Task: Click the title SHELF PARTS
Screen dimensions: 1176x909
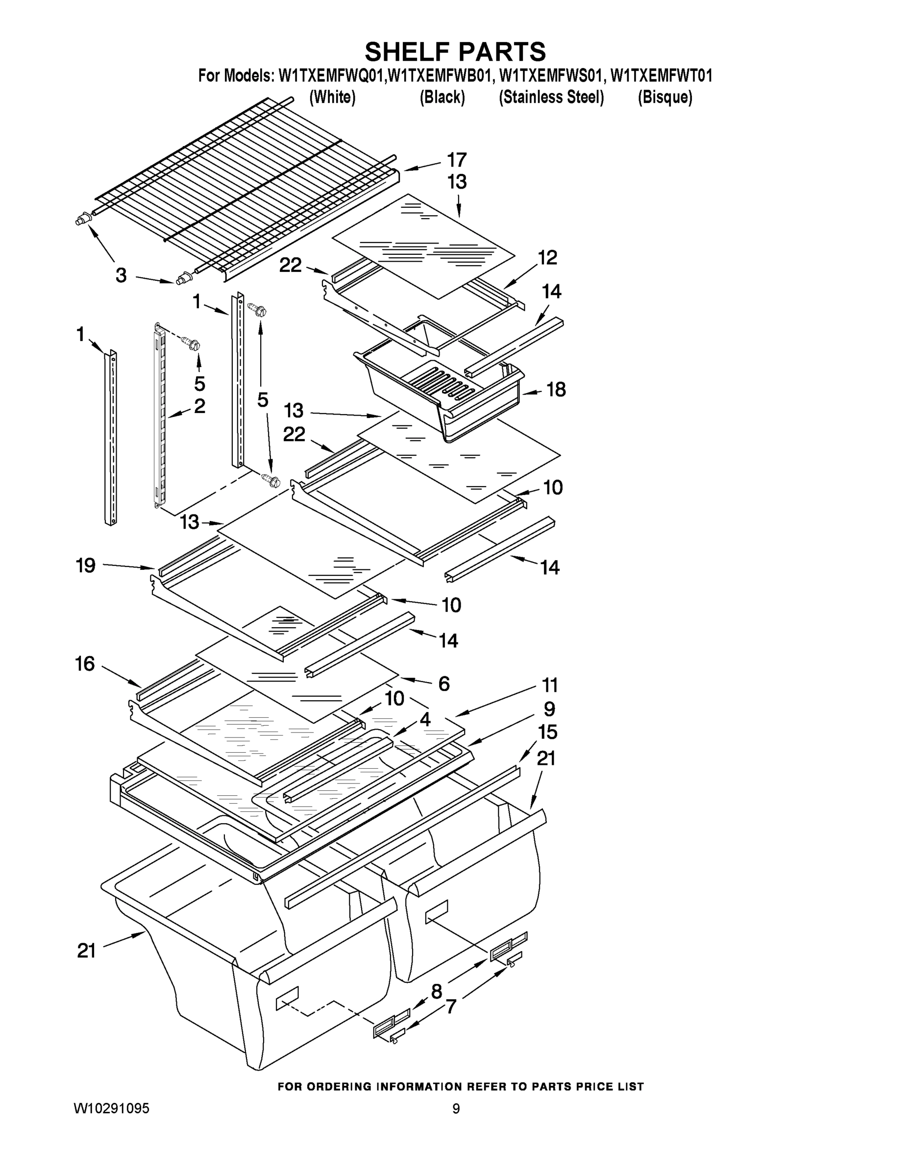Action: [x=455, y=52]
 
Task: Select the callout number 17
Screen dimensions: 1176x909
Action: [x=457, y=160]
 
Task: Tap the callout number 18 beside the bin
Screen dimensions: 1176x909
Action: [x=556, y=390]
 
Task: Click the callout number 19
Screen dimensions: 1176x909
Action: [x=86, y=565]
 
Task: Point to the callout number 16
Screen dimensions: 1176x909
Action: [x=85, y=664]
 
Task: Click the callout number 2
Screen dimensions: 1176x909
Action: [x=199, y=406]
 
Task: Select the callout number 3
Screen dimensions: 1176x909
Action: [x=121, y=275]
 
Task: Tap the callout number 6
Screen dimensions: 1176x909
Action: [x=444, y=684]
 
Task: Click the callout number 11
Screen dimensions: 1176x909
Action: [x=549, y=686]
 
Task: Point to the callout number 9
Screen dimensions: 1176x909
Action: [x=549, y=709]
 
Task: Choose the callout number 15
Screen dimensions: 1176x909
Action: [x=548, y=733]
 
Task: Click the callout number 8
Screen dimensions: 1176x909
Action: [x=436, y=991]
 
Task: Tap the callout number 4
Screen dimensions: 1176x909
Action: [x=425, y=719]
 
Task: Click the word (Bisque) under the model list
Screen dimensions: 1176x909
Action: [x=665, y=98]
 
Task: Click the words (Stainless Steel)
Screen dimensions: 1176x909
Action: [x=551, y=98]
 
